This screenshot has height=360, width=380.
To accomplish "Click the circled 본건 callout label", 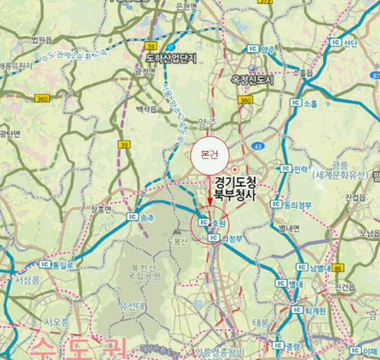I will (210, 155).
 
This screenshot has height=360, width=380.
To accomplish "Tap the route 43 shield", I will (257, 146).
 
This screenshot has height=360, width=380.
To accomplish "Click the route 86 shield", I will (339, 268).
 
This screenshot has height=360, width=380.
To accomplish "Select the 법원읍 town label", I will (42, 40).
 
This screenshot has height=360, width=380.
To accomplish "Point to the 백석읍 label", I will (146, 109).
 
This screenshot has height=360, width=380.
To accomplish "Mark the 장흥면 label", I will (101, 209).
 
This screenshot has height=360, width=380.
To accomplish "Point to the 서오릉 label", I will (56, 321).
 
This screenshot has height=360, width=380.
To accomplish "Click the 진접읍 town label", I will (355, 197).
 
